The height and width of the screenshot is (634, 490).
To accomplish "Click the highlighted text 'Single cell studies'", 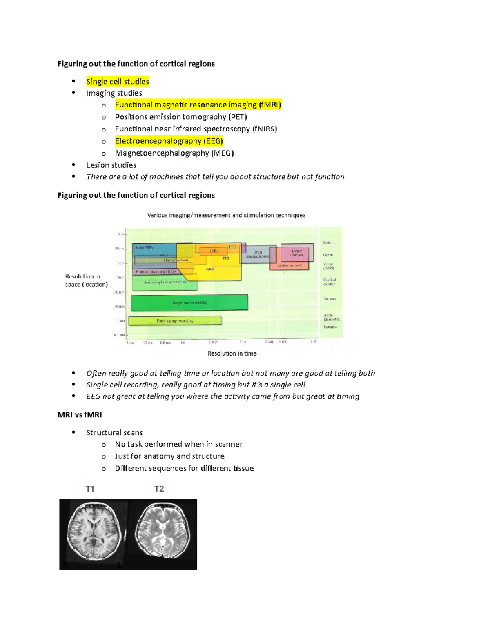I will pyautogui.click(x=118, y=82).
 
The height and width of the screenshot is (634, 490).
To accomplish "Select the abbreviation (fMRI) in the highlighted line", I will pyautogui.click(x=269, y=105).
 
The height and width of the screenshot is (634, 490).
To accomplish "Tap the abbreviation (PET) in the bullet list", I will pyautogui.click(x=237, y=117).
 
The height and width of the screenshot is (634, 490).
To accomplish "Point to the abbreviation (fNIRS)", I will pyautogui.click(x=264, y=129).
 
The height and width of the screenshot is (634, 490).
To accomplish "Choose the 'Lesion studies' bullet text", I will pyautogui.click(x=111, y=165).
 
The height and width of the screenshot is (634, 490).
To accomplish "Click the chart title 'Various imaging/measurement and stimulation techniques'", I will pyautogui.click(x=226, y=215).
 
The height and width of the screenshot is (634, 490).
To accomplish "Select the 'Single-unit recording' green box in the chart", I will pyautogui.click(x=189, y=303).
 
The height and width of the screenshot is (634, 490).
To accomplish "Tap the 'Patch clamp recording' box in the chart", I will pyautogui.click(x=175, y=320).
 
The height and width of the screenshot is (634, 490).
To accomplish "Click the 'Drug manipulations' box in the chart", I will pyautogui.click(x=258, y=254).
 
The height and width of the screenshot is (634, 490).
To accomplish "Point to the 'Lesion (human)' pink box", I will pyautogui.click(x=297, y=253).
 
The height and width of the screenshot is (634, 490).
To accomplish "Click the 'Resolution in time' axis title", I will pyautogui.click(x=232, y=354).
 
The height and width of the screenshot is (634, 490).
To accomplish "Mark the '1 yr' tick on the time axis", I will pyautogui.click(x=313, y=342).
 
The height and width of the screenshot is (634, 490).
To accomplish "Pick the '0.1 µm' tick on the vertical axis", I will pyautogui.click(x=119, y=335).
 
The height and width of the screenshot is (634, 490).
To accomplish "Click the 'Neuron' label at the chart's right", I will pyautogui.click(x=330, y=299).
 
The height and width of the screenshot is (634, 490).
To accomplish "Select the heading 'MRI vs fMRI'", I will pyautogui.click(x=80, y=415).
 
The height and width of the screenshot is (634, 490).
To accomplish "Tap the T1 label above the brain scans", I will pyautogui.click(x=90, y=489).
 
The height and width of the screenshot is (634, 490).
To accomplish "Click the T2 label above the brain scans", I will pyautogui.click(x=159, y=489).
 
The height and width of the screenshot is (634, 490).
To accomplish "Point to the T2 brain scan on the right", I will pyautogui.click(x=163, y=534).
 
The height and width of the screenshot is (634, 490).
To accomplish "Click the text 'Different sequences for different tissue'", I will pyautogui.click(x=184, y=468).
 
